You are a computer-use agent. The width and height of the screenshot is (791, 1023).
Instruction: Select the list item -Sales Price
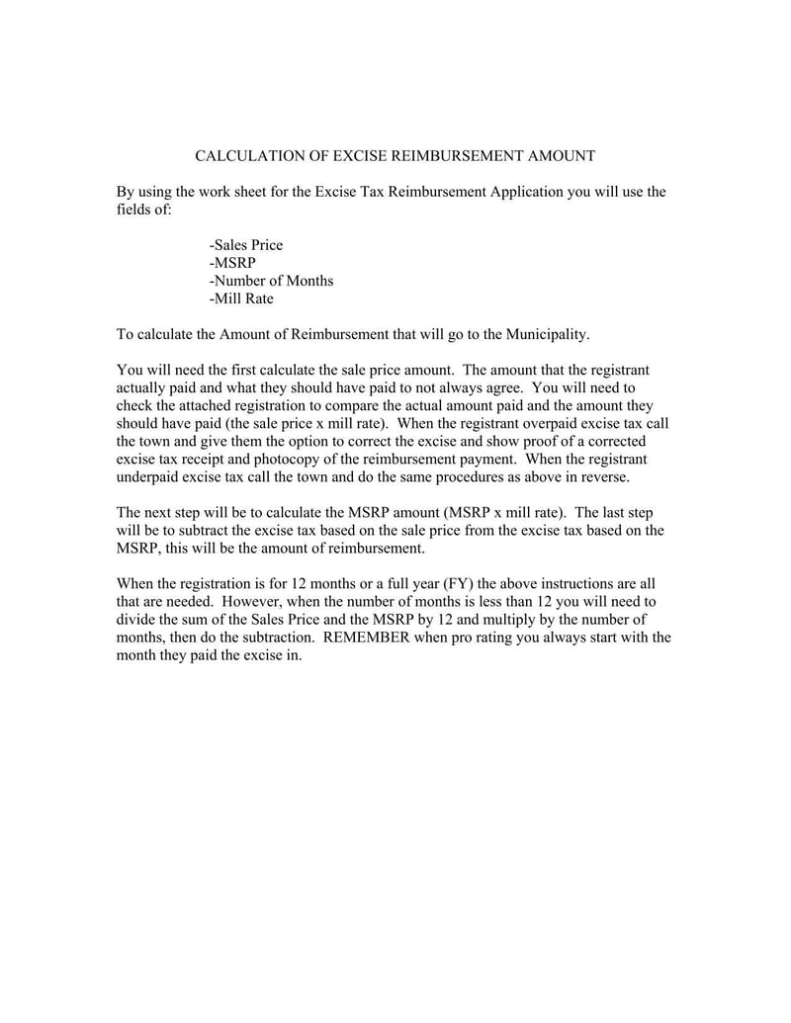coord(246,245)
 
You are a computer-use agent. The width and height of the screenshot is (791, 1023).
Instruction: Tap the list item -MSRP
coord(232,263)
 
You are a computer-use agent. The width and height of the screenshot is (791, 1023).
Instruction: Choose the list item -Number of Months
coord(272,281)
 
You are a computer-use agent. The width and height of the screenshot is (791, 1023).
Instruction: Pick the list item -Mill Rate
coord(241,298)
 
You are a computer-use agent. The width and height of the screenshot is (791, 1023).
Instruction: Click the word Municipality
coord(547,334)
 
